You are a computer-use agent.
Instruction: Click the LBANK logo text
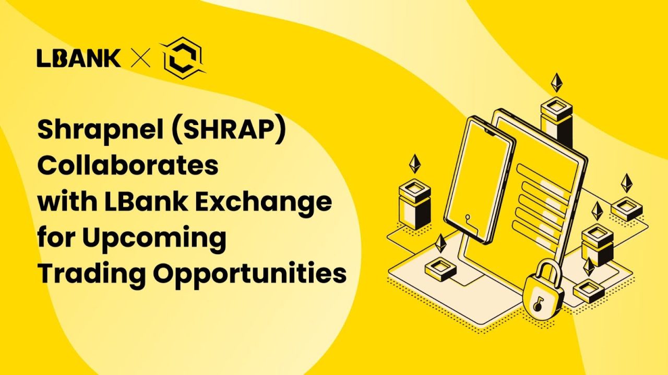click(x=78, y=58)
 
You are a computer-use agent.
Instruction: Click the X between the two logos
click(x=140, y=59)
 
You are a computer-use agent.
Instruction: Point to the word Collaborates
click(x=127, y=166)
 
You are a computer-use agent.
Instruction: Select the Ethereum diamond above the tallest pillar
click(x=558, y=82)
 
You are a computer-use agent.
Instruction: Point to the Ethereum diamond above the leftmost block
click(x=415, y=163)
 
